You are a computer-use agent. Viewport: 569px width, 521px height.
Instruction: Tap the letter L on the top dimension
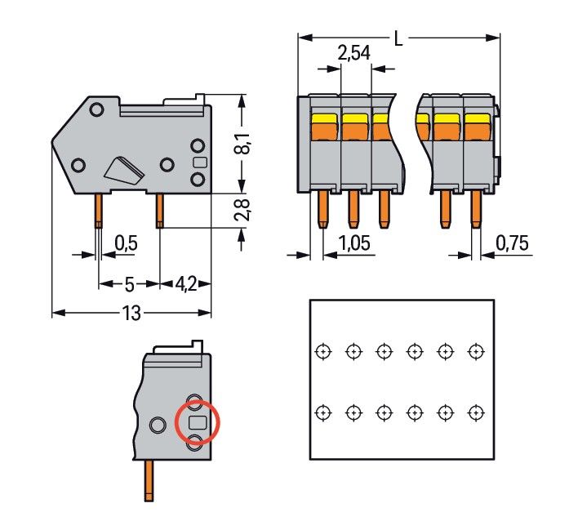tap(398, 38)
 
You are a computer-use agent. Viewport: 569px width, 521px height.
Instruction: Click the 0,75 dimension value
tap(512, 243)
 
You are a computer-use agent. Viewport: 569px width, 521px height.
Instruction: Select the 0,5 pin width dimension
tap(127, 243)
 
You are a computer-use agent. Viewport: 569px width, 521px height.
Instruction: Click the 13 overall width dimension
tap(131, 312)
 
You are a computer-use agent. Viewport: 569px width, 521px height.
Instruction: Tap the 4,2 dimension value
tap(185, 284)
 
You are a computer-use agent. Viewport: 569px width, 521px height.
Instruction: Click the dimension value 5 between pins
tap(128, 284)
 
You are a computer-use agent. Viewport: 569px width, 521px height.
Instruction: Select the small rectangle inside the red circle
tap(198, 422)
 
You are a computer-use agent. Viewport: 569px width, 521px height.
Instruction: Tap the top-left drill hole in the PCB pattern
tap(323, 351)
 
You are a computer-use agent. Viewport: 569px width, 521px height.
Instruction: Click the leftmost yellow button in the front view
tap(324, 124)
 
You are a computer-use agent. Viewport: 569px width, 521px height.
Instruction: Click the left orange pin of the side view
tap(98, 211)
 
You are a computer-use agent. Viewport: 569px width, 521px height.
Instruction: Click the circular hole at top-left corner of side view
tap(96, 109)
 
